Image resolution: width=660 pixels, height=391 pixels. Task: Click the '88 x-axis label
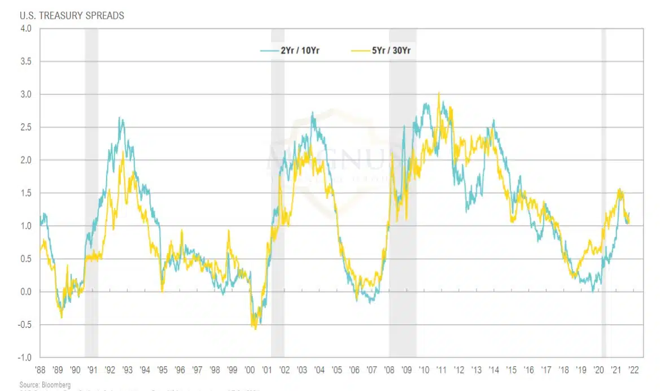point(40,370)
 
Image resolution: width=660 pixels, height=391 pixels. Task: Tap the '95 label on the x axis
point(162,370)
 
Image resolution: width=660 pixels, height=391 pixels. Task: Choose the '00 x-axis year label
point(250,370)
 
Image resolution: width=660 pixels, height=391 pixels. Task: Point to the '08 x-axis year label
point(389,370)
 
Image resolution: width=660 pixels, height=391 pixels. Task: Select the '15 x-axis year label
point(512,370)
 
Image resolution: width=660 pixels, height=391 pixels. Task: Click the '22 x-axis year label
point(633,370)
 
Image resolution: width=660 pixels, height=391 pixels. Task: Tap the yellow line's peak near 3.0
point(439,93)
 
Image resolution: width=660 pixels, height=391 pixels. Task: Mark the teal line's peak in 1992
point(120,118)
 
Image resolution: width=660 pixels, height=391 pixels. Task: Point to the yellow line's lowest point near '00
point(255,329)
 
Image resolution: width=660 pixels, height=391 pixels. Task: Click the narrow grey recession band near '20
point(604,192)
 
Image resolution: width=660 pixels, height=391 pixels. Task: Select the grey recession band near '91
point(91,192)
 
